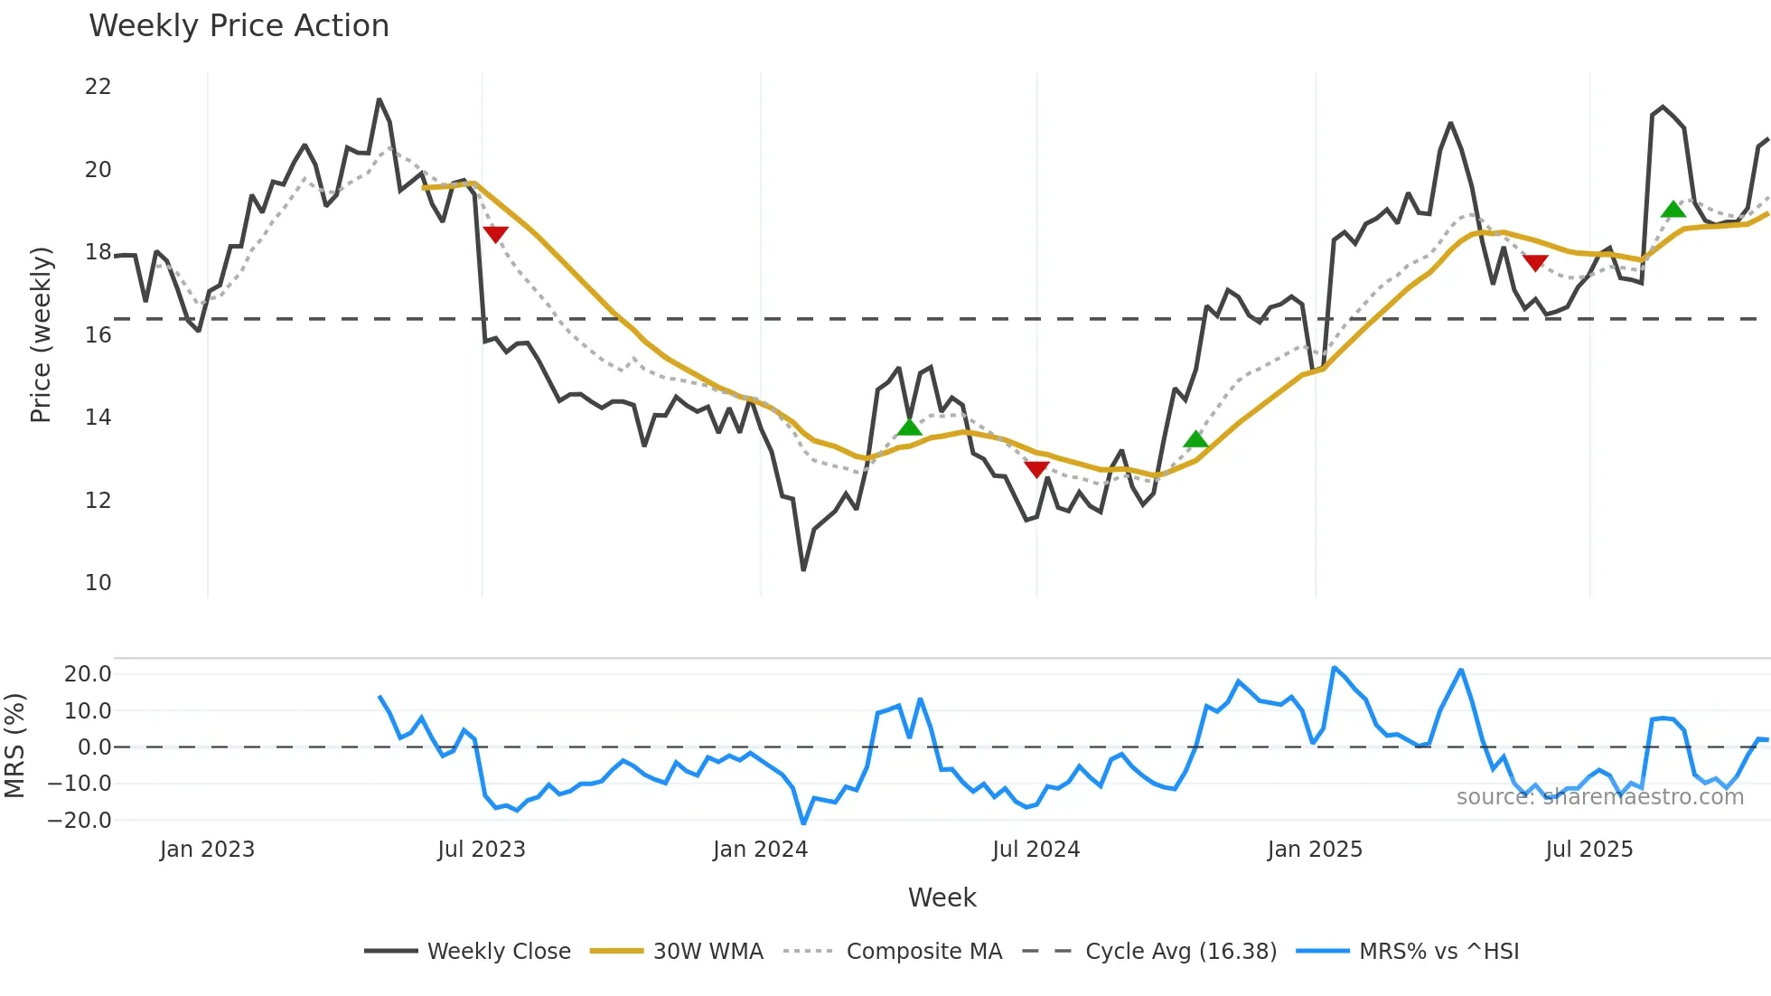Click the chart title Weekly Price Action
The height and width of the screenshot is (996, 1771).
(x=239, y=26)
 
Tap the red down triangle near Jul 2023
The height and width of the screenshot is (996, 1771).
(x=495, y=234)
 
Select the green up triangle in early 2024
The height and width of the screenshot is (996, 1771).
(x=909, y=427)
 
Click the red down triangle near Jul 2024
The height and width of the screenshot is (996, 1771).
(x=1036, y=469)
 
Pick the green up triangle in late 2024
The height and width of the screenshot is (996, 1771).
(x=1195, y=439)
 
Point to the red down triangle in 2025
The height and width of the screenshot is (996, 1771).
(x=1535, y=263)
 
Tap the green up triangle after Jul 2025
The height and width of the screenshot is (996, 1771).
(x=1673, y=210)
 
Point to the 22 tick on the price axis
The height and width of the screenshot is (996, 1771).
(x=98, y=87)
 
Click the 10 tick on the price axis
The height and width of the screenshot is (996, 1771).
(x=98, y=583)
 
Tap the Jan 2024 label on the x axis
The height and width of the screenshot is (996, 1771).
(x=760, y=850)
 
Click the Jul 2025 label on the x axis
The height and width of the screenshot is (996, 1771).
(x=1588, y=850)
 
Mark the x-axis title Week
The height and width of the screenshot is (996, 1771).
(x=942, y=897)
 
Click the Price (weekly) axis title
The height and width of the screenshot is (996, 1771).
(x=41, y=334)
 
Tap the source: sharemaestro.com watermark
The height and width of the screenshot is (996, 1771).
(x=1599, y=797)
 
